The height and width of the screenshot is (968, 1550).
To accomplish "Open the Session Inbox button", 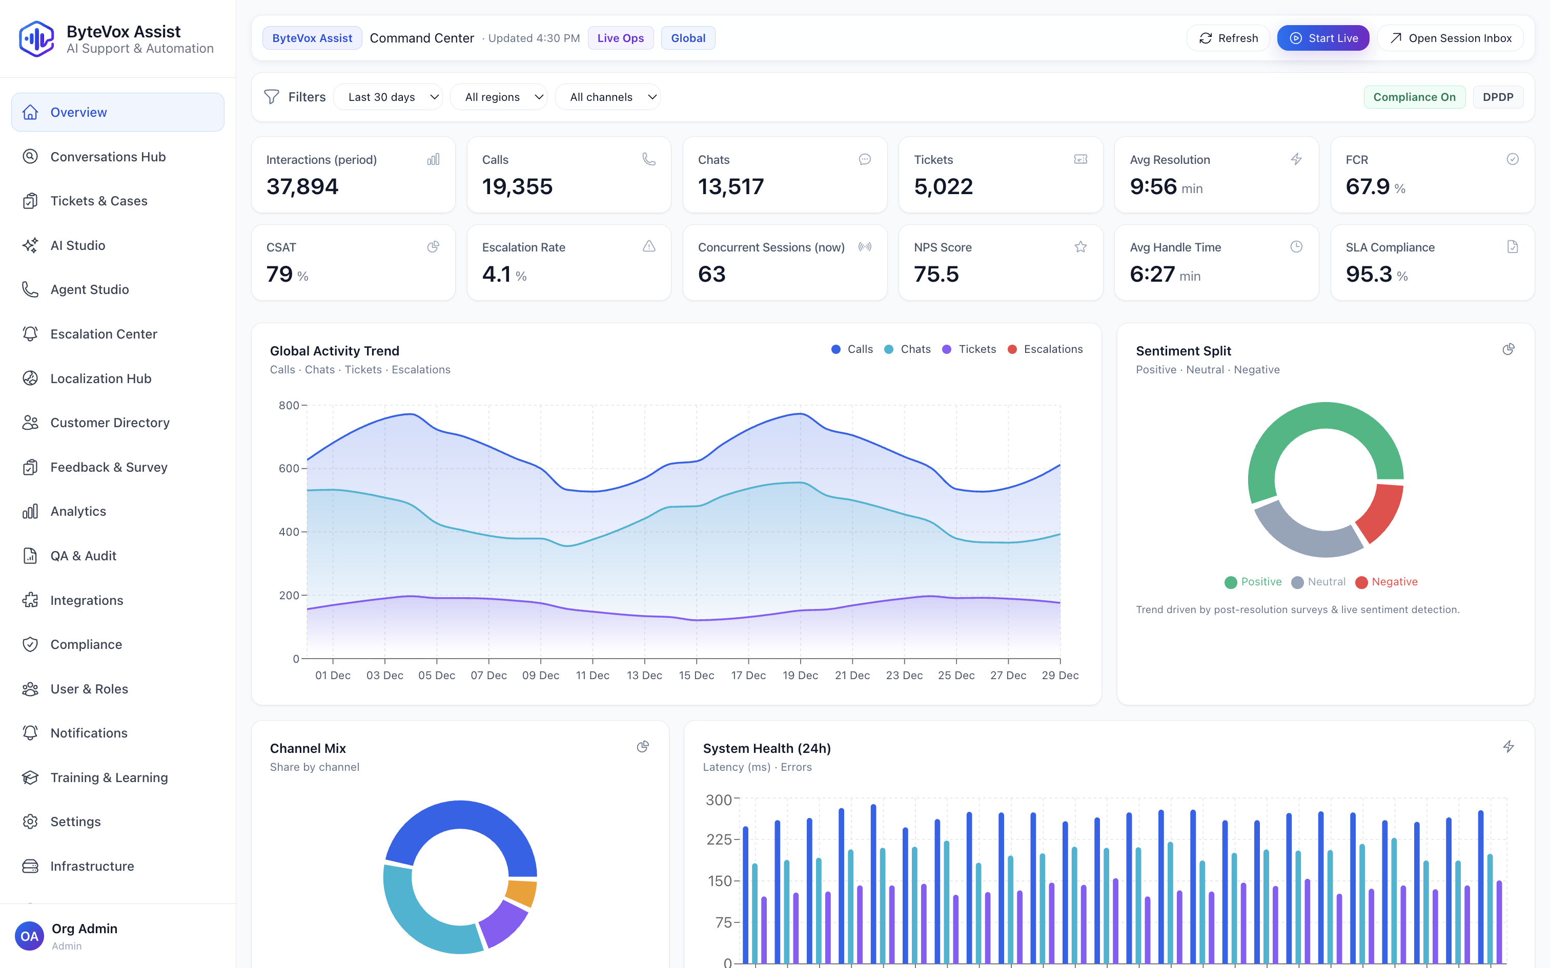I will pyautogui.click(x=1450, y=38).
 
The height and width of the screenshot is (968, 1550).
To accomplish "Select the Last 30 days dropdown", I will pyautogui.click(x=387, y=97).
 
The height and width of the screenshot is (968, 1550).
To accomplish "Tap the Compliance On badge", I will pyautogui.click(x=1414, y=97).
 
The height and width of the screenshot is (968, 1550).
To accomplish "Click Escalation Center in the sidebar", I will pyautogui.click(x=104, y=334).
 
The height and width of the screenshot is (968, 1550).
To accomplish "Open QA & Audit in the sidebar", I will pyautogui.click(x=83, y=556).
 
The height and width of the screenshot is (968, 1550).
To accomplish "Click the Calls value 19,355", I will pyautogui.click(x=517, y=187).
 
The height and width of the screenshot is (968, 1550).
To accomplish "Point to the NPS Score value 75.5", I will pyautogui.click(x=936, y=275).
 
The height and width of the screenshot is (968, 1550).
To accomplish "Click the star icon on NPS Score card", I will pyautogui.click(x=1080, y=247).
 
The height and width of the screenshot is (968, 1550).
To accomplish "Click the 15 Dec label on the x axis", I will pyautogui.click(x=696, y=676).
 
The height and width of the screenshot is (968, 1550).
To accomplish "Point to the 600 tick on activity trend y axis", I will pyautogui.click(x=289, y=469).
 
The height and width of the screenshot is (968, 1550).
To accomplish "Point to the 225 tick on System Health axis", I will pyautogui.click(x=719, y=839).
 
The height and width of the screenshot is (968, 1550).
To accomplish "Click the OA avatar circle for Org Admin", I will pyautogui.click(x=29, y=937).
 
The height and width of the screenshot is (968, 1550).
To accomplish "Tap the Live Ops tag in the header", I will pyautogui.click(x=620, y=38).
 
